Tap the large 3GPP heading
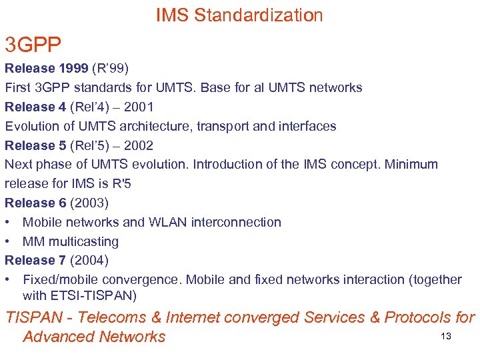(33, 45)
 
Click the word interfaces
(306, 126)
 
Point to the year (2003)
(89, 203)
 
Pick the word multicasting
(83, 241)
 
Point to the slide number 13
(446, 336)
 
